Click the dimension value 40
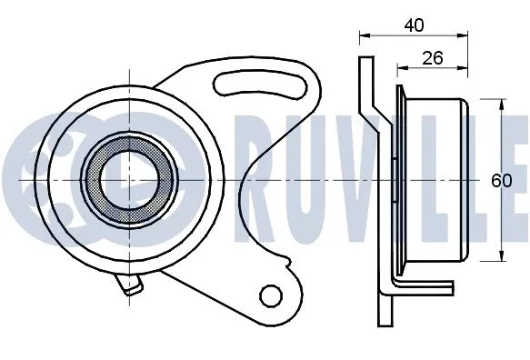click(415, 25)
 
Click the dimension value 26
click(433, 58)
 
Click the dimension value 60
click(502, 180)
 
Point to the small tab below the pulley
click(131, 288)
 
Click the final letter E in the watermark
click(514, 179)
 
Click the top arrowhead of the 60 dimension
click(503, 103)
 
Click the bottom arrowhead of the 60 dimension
click(503, 258)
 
